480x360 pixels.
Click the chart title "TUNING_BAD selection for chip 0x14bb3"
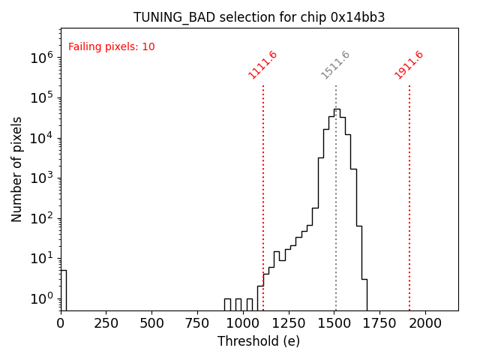[x=259, y=17]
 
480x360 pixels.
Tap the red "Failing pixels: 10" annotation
[x=111, y=46]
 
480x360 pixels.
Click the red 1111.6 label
[x=262, y=64]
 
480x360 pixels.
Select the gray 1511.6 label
[x=335, y=64]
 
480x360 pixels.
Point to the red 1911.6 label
[x=409, y=64]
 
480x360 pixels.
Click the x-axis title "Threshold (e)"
[x=259, y=341]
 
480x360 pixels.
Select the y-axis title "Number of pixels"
[x=16, y=169]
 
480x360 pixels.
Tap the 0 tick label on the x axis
[x=61, y=322]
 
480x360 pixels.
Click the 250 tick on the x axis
[x=106, y=322]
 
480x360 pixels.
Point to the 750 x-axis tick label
[x=197, y=322]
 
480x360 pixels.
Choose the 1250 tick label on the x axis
[x=289, y=322]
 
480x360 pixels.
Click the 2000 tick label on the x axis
[x=425, y=322]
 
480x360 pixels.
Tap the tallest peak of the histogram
[x=337, y=109]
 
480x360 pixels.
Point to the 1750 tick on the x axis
[x=379, y=322]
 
